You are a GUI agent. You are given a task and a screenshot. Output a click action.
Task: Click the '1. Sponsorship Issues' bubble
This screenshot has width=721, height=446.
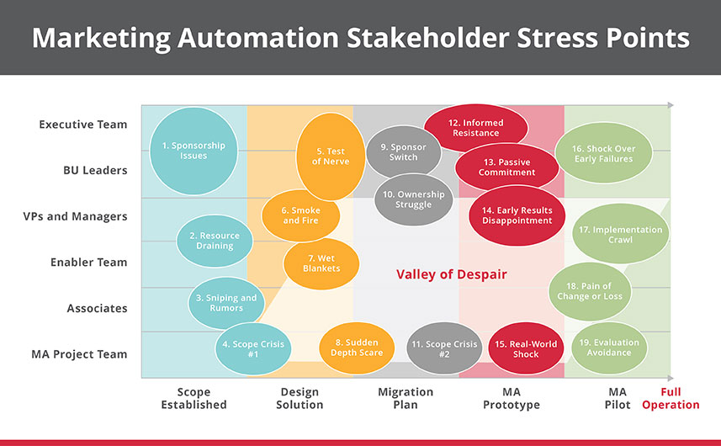[194, 151]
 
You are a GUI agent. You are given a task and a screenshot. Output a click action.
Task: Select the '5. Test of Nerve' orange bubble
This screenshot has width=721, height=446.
[330, 157]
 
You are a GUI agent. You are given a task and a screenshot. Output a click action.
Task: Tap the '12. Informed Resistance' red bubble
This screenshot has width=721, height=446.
[475, 128]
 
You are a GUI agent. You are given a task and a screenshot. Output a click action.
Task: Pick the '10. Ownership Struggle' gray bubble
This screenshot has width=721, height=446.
[413, 199]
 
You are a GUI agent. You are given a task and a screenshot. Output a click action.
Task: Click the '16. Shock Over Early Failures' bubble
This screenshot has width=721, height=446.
[603, 153]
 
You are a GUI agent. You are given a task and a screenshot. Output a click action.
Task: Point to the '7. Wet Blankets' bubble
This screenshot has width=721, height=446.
[321, 263]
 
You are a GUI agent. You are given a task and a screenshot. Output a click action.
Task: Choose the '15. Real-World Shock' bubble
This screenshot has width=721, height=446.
[526, 349]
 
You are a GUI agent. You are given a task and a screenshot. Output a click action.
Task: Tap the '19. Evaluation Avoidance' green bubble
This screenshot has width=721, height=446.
[609, 348]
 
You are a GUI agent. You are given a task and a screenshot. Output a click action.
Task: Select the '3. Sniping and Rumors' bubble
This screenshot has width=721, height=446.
[226, 303]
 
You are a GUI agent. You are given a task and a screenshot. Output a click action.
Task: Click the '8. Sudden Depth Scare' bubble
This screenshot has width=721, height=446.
[357, 348]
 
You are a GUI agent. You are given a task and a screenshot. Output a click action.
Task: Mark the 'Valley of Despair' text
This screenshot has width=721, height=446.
[452, 274]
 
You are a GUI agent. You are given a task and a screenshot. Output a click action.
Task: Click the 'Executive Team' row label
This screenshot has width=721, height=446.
[82, 125]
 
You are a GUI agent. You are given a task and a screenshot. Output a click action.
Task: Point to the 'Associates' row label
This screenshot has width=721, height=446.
[97, 309]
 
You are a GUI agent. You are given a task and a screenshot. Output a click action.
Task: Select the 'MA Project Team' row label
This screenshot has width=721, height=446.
[79, 354]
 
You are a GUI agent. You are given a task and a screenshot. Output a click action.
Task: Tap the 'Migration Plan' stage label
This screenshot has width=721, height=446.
[406, 398]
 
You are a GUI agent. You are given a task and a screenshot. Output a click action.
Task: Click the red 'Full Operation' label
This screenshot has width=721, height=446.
[671, 398]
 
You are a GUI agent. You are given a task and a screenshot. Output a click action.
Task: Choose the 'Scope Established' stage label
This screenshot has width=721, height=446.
[194, 398]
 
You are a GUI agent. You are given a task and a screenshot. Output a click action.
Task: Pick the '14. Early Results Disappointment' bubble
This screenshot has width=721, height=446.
[517, 215]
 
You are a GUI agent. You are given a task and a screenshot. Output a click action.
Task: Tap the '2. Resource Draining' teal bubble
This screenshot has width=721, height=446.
[215, 241]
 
